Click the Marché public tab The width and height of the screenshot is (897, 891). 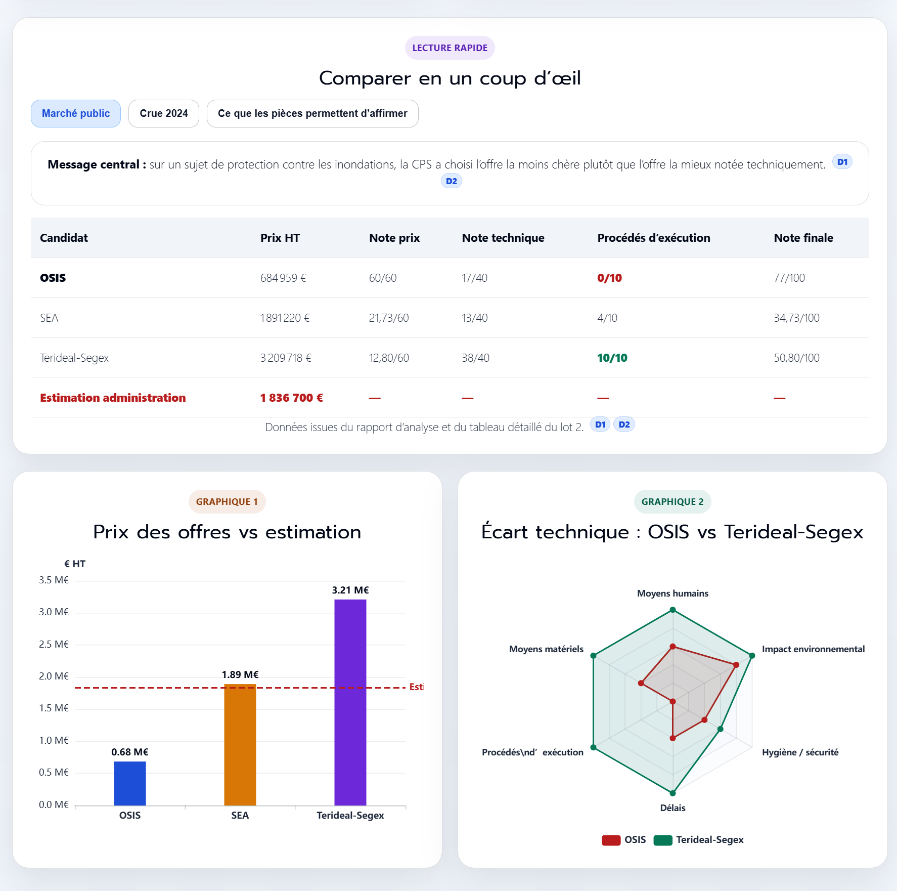click(x=76, y=113)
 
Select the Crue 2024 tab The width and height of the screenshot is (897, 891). click(x=164, y=113)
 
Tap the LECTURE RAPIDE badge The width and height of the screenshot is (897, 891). click(x=450, y=48)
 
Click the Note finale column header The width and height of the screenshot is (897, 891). click(x=803, y=238)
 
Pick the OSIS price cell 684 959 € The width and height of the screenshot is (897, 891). click(x=283, y=278)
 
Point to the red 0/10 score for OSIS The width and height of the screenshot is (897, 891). click(x=609, y=278)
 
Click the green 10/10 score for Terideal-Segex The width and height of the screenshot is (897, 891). click(x=612, y=358)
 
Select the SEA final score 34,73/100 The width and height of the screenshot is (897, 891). click(x=796, y=318)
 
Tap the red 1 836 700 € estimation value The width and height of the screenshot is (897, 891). click(x=291, y=398)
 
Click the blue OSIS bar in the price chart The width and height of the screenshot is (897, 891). click(x=130, y=783)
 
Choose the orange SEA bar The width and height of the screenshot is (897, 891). click(x=240, y=744)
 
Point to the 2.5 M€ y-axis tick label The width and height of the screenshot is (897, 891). click(x=54, y=644)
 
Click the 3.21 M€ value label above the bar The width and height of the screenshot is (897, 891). click(x=350, y=590)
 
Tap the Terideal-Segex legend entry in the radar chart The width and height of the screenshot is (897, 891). click(x=709, y=840)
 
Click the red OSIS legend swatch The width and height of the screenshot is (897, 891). click(x=611, y=840)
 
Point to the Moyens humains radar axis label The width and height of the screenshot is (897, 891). click(x=672, y=593)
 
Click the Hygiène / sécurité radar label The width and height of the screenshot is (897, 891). click(x=800, y=752)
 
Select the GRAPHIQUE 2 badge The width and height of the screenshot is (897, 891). click(x=672, y=501)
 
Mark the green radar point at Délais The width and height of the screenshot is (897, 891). click(x=672, y=793)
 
